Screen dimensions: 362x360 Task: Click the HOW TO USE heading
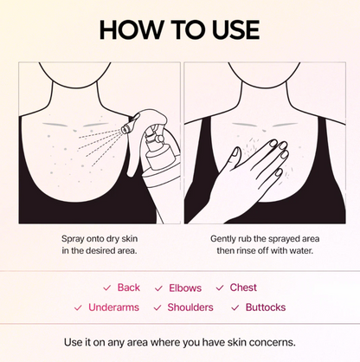click(179, 29)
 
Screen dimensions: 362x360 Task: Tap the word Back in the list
click(128, 288)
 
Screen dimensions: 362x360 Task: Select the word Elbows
click(183, 288)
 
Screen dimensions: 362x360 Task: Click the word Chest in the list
click(243, 288)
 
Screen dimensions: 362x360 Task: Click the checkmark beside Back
click(106, 288)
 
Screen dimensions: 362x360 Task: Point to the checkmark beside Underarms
click(79, 308)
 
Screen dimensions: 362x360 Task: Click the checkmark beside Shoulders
click(157, 308)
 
